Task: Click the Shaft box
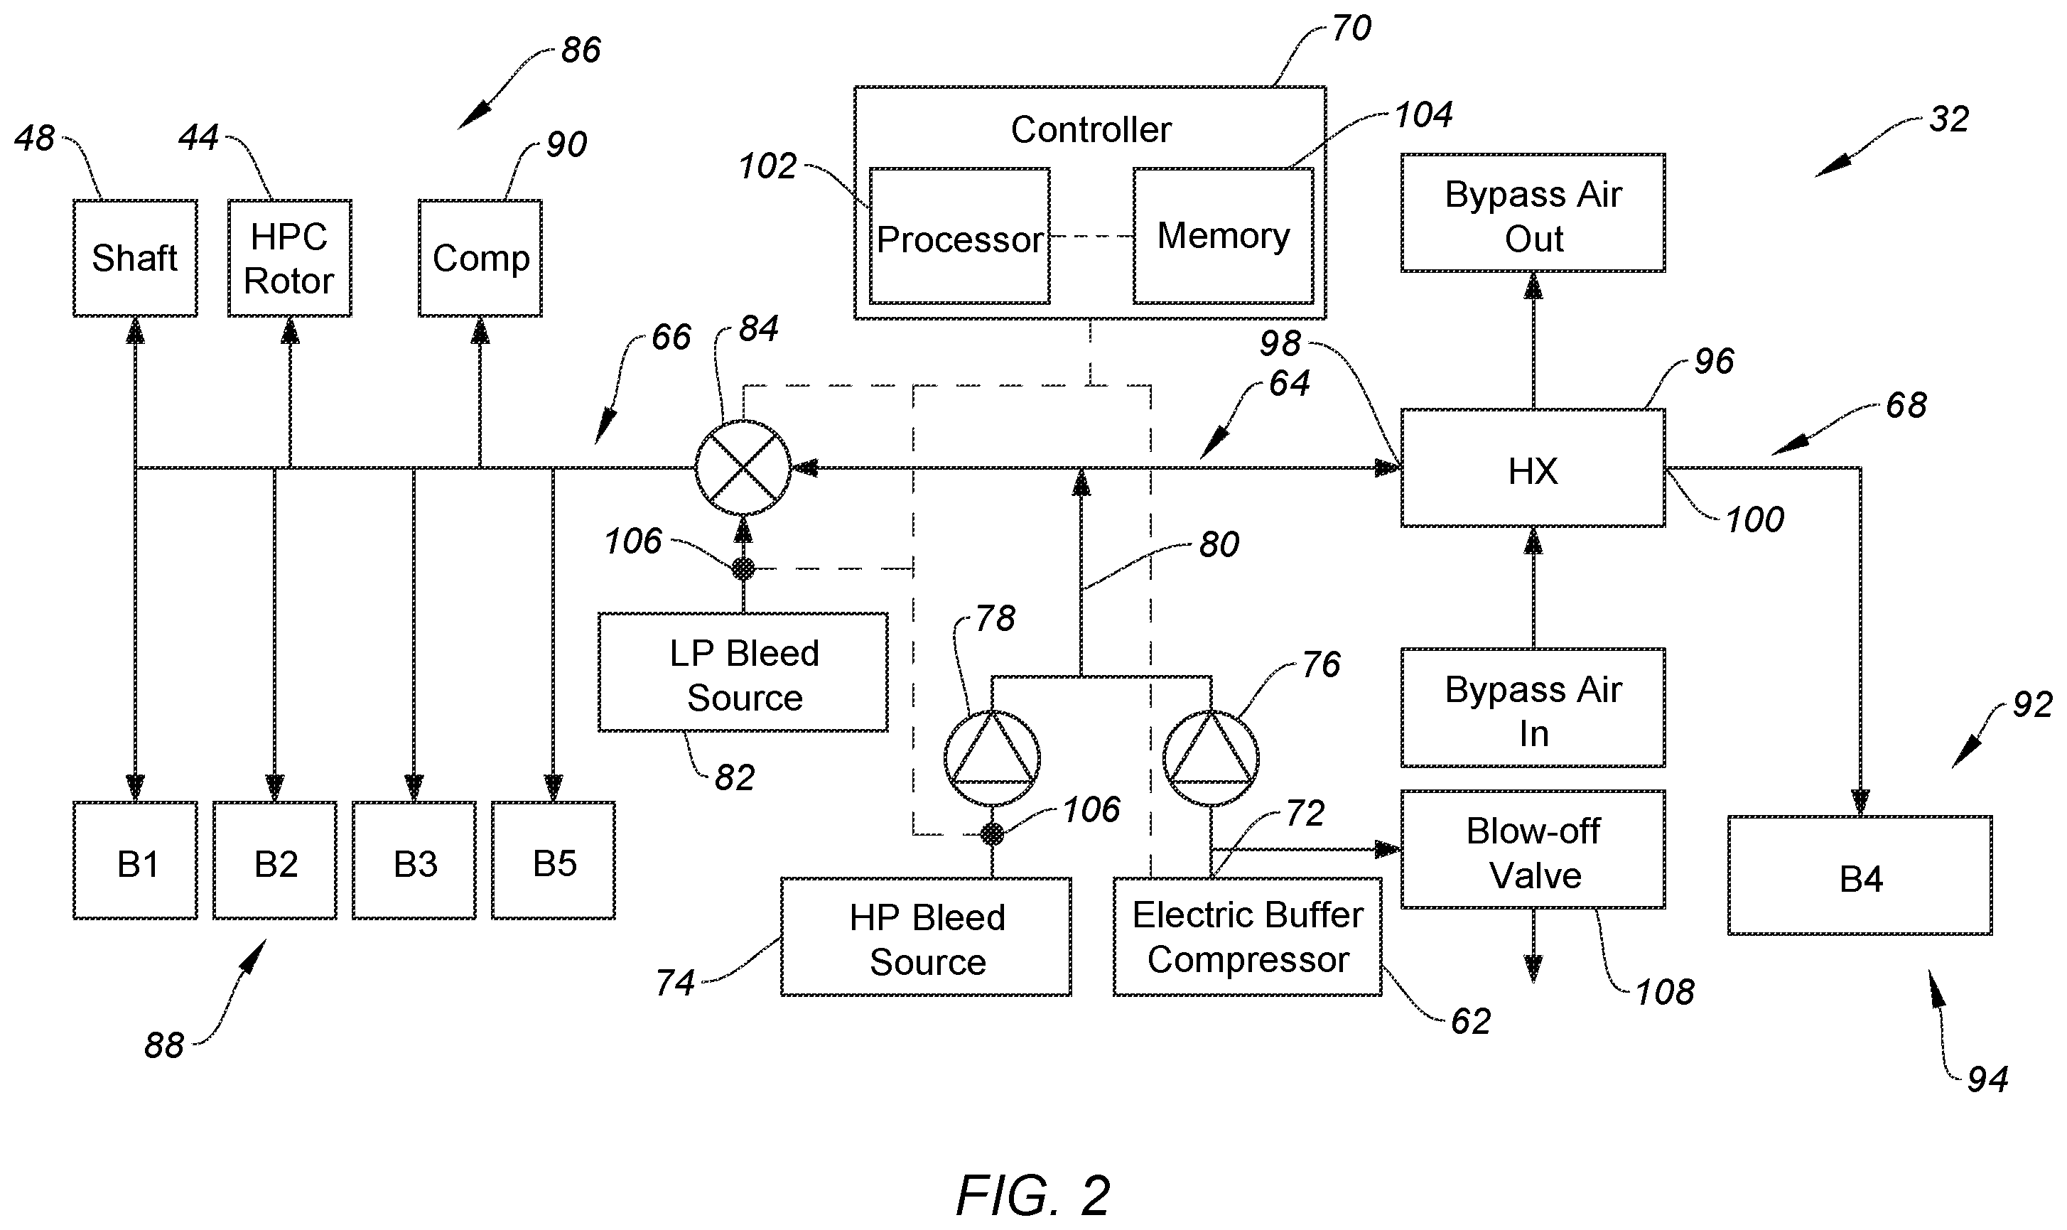coord(135,258)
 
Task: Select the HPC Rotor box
coord(290,258)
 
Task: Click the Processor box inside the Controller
coord(960,236)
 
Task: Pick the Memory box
coord(1224,236)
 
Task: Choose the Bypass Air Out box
coord(1533,213)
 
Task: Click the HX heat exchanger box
coord(1533,468)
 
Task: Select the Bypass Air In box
coord(1533,708)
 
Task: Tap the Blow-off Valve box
coord(1533,850)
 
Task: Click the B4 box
coord(1860,875)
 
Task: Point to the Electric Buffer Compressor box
coord(1247,937)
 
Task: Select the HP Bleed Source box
coord(927,937)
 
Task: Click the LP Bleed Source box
coord(743,672)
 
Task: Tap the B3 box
coord(414,861)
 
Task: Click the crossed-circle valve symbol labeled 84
coord(743,468)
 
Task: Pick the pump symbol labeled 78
coord(992,758)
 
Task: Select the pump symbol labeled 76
coord(1211,758)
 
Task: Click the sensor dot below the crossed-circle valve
coord(743,568)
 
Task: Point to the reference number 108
coord(1664,992)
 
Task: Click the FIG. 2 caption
coord(1032,1194)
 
